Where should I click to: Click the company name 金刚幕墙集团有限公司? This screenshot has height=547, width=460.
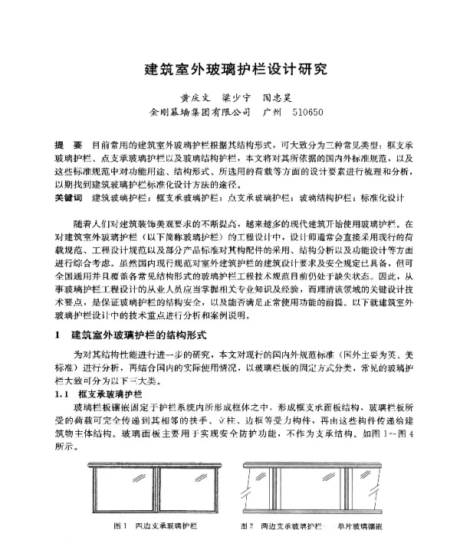click(x=200, y=113)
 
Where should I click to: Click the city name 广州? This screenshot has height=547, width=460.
click(x=271, y=113)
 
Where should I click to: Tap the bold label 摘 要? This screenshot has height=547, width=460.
click(x=68, y=145)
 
